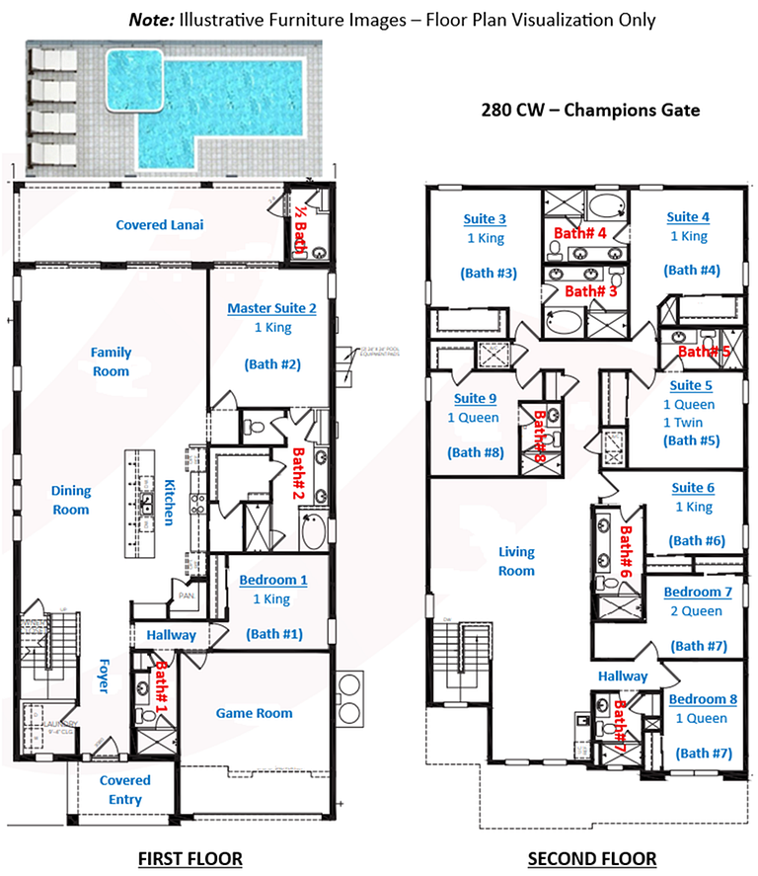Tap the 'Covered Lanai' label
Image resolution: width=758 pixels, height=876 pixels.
[160, 225]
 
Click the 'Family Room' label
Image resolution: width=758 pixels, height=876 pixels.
[111, 361]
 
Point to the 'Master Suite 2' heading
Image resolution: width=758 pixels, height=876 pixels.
[271, 308]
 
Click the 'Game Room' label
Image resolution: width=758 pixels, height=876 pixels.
[254, 713]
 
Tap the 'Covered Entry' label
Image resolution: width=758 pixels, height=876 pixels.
[125, 789]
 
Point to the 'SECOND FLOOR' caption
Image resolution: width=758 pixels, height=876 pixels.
[592, 858]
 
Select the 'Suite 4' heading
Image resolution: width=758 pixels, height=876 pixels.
[688, 217]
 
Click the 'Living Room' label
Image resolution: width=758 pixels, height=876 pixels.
[516, 561]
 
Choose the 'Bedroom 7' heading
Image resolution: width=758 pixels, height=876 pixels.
[698, 592]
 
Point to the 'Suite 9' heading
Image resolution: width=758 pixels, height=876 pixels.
[476, 399]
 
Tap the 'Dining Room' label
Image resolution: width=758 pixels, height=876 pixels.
[70, 500]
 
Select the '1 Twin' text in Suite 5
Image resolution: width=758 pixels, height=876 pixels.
[687, 423]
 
